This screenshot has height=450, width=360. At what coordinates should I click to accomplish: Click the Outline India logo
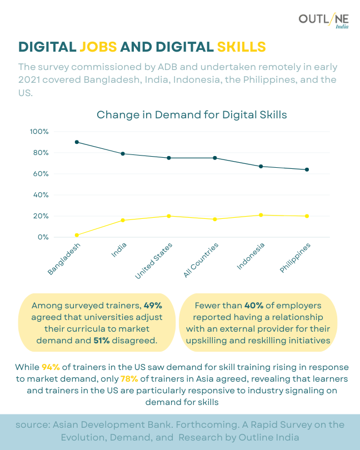323,21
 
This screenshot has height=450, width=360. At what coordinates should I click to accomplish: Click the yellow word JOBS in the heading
98,46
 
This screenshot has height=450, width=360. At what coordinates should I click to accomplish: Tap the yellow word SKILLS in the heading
241,46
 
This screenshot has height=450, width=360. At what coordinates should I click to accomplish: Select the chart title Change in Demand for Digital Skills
192,115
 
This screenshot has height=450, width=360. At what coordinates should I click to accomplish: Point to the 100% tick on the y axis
39,132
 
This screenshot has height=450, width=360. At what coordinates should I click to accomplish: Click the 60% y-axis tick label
41,174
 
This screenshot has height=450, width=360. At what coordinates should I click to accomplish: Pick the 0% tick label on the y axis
43,237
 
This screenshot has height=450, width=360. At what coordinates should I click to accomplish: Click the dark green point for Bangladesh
77,142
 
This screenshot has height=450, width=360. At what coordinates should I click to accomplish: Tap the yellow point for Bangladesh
77,235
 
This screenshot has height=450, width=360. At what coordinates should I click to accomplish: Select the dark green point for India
123,153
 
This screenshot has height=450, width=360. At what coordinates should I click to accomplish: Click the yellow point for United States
169,216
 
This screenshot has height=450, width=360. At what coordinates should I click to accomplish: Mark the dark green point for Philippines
307,169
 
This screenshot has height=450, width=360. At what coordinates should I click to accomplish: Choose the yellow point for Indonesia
261,215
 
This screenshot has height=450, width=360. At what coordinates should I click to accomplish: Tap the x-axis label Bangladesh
64,259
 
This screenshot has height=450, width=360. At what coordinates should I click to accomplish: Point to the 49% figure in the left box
153,306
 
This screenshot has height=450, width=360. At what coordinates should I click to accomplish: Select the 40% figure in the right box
253,305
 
